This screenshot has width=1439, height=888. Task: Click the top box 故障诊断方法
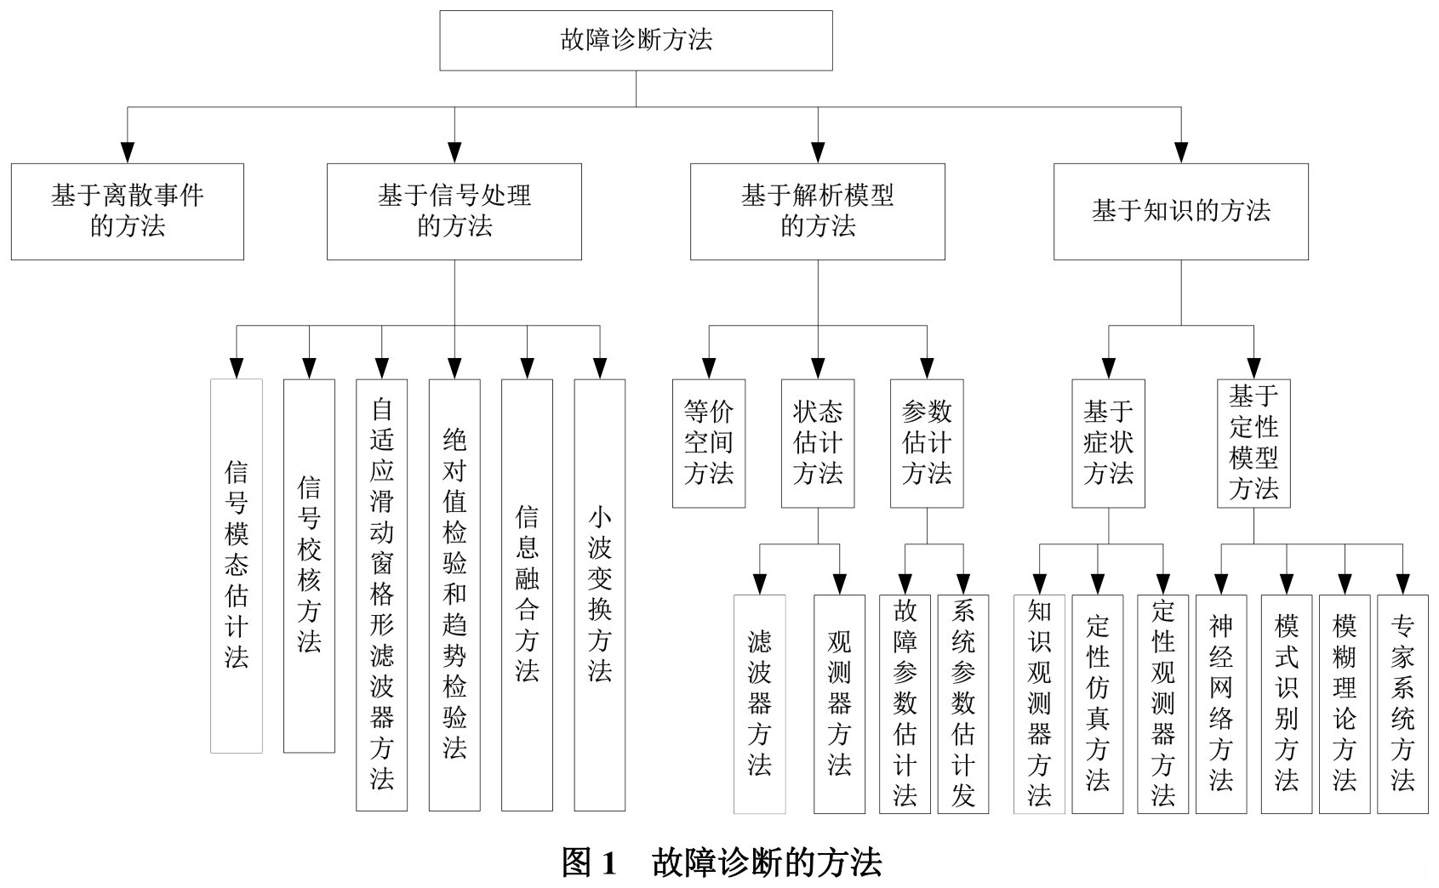click(x=636, y=40)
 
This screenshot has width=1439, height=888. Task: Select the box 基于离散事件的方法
click(x=128, y=211)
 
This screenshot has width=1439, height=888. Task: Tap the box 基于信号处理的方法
click(x=454, y=211)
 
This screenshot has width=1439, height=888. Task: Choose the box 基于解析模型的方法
click(x=817, y=211)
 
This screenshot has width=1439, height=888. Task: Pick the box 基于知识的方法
click(x=1180, y=211)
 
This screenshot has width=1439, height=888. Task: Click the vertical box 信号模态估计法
click(x=237, y=566)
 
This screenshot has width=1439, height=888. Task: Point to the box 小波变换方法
click(x=600, y=595)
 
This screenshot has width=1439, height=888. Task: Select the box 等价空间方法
click(x=709, y=443)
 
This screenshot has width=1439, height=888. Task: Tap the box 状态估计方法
click(x=818, y=443)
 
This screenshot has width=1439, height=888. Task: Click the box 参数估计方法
click(x=927, y=443)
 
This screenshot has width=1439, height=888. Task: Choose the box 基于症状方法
click(x=1108, y=443)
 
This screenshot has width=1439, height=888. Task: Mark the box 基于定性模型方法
click(x=1253, y=443)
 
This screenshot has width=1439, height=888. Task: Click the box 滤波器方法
click(x=760, y=703)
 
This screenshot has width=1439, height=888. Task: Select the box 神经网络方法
click(x=1221, y=703)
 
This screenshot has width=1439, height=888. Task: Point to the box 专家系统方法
click(x=1402, y=703)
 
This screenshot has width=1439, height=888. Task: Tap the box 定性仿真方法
click(x=1098, y=703)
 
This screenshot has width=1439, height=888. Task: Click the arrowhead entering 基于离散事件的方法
click(x=128, y=151)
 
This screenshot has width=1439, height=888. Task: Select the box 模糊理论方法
click(x=1345, y=703)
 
